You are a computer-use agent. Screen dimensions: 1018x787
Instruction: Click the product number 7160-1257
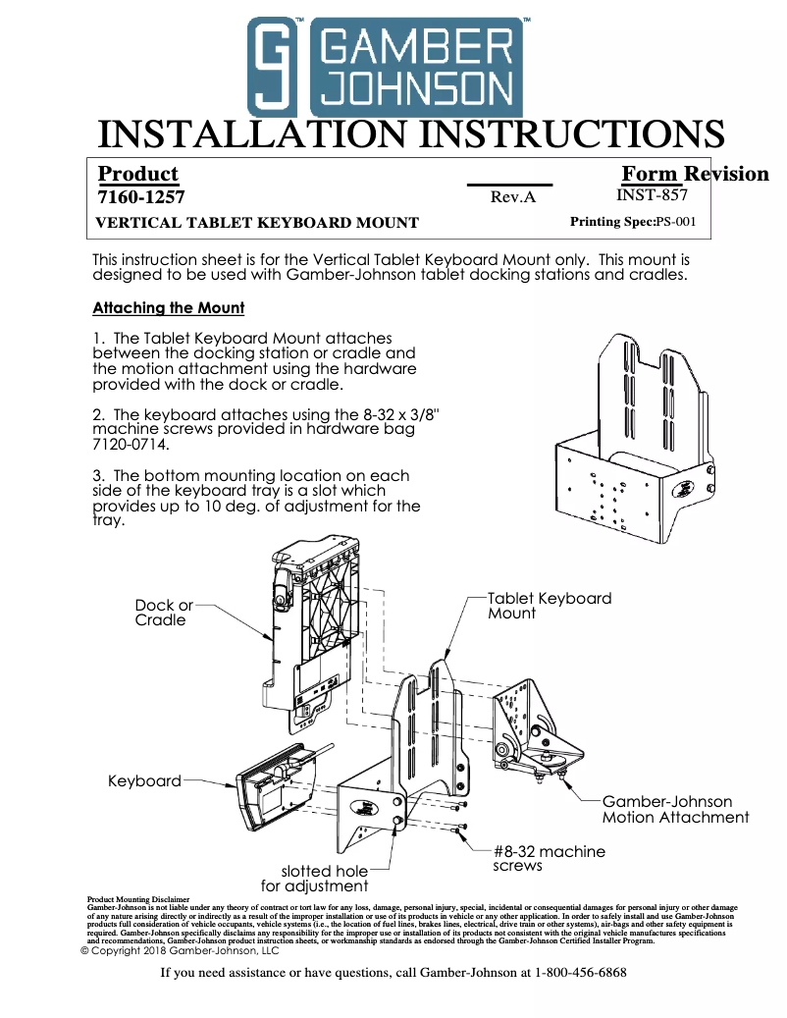point(141,197)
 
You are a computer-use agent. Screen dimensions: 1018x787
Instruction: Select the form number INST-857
point(652,195)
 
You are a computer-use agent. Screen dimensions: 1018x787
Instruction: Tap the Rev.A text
point(512,197)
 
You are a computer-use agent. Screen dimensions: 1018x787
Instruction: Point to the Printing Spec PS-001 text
point(633,222)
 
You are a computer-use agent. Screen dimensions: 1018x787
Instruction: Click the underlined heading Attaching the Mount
point(168,308)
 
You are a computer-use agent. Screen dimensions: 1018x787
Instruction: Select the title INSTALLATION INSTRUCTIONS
point(411,134)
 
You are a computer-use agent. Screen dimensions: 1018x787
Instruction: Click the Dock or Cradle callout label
point(164,613)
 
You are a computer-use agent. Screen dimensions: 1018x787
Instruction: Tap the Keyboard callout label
point(144,781)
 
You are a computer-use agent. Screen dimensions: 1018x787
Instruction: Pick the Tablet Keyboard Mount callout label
point(550,606)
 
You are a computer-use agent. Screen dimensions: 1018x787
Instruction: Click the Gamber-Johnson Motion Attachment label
point(675,810)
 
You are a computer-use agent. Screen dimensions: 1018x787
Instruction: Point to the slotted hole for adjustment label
point(325,879)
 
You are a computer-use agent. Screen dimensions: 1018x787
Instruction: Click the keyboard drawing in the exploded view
point(275,785)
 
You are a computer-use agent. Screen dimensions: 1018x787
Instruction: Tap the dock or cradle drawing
point(308,638)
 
